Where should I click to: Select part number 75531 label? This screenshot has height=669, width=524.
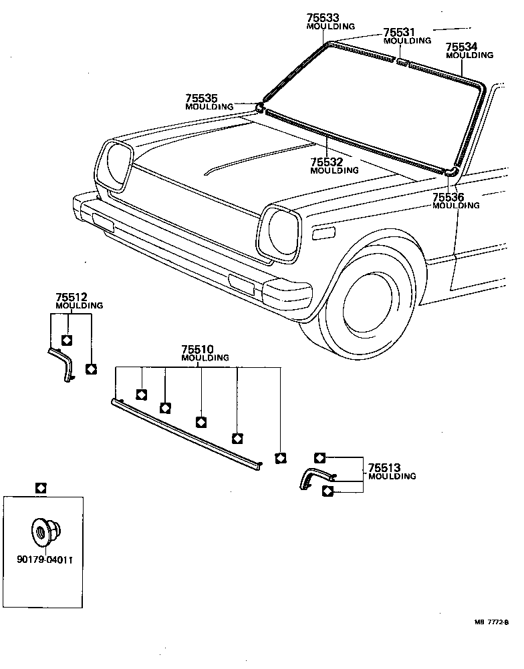(x=400, y=32)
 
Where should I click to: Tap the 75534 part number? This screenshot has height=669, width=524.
(x=462, y=47)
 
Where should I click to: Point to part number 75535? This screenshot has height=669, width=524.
(x=201, y=98)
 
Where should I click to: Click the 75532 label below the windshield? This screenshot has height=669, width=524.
(x=326, y=162)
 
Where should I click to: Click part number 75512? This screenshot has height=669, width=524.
(x=72, y=297)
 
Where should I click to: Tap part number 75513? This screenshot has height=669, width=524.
(x=384, y=467)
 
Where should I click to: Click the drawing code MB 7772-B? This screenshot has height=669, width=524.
(x=491, y=622)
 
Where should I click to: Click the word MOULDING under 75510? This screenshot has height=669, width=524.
(x=205, y=358)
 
